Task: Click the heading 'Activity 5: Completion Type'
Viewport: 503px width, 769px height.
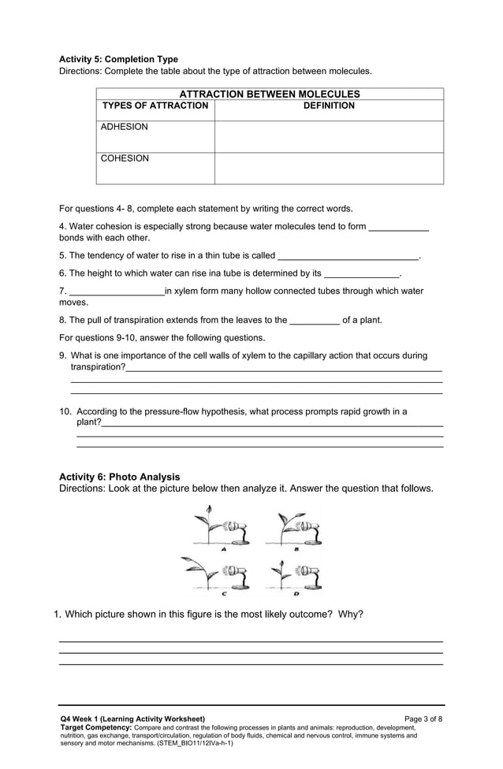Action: tap(119, 59)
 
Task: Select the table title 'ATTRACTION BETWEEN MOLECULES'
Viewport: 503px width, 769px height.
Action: tap(270, 94)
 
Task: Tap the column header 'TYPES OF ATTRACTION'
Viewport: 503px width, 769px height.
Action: tap(155, 106)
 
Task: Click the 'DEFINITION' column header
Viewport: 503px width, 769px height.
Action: tap(329, 106)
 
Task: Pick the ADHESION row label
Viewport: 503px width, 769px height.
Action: tap(124, 127)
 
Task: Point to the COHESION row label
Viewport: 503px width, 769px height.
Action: tap(124, 158)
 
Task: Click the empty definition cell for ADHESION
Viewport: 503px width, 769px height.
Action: tap(329, 137)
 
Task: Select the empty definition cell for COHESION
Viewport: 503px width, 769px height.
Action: tap(329, 169)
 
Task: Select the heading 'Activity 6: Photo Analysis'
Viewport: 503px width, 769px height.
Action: tap(120, 477)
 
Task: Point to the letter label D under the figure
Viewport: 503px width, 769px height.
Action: tap(296, 594)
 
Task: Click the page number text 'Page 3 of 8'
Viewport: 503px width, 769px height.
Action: tap(423, 719)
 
